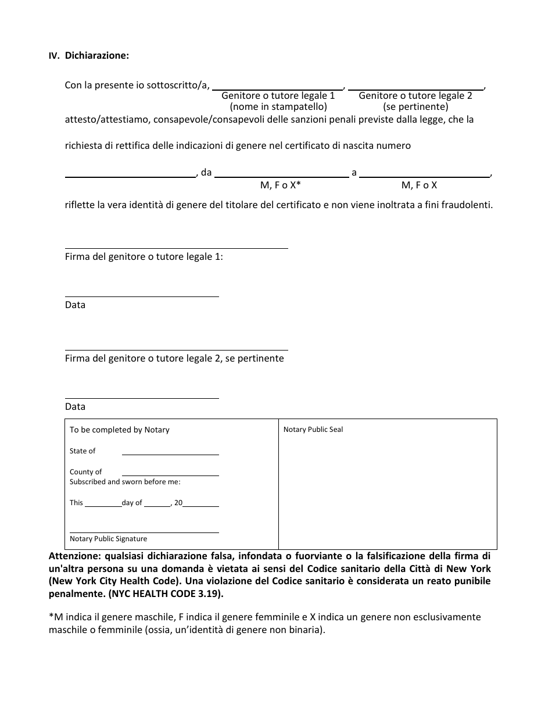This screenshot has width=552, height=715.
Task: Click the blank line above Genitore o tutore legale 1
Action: (278, 90)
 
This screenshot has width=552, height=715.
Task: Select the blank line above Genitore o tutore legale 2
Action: (416, 90)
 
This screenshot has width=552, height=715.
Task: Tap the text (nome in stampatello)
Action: (278, 107)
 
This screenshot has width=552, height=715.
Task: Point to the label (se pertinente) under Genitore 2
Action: (415, 107)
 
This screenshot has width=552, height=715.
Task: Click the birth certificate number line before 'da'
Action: (130, 176)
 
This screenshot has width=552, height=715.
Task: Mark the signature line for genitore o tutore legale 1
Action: (176, 248)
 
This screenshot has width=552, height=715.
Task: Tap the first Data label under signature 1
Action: (75, 305)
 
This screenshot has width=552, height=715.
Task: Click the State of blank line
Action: (170, 454)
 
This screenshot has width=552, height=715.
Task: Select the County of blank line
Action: (170, 475)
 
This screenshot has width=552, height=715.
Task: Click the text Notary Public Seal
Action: (313, 430)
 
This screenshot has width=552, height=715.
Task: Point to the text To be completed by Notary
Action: (120, 430)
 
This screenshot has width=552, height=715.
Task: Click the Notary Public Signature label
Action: (108, 539)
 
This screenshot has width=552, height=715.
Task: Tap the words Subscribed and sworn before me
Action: (125, 482)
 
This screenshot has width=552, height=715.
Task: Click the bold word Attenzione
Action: (74, 555)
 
